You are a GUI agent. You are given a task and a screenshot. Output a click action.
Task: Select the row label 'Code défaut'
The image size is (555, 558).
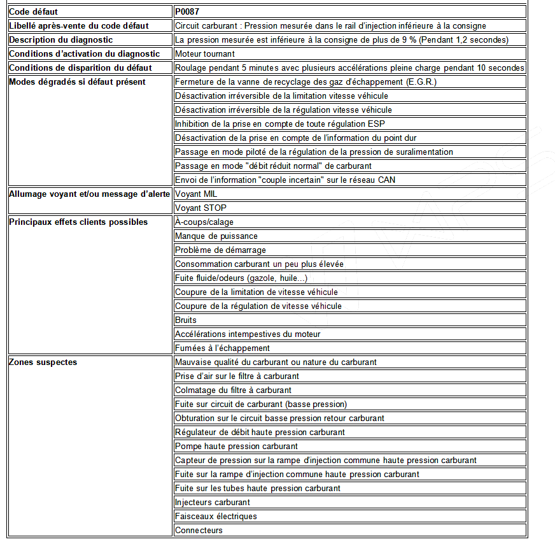33,11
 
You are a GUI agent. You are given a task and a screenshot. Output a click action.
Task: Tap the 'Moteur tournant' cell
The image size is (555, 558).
205,54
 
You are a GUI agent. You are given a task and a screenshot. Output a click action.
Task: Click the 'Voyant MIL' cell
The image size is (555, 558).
196,194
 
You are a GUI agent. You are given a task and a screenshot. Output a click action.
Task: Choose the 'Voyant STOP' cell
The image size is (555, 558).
200,208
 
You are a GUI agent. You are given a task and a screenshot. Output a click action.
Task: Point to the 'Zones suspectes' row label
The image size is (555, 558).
43,362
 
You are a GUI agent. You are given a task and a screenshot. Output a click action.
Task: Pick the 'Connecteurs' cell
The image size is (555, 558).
199,531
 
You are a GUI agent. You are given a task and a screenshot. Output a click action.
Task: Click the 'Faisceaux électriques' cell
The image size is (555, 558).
216,517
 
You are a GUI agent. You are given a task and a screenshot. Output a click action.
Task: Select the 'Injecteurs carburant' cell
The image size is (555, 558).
214,503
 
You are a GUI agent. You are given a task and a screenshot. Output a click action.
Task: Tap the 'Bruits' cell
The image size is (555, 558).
186,320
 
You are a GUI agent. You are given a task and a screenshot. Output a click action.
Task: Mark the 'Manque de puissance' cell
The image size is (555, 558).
216,236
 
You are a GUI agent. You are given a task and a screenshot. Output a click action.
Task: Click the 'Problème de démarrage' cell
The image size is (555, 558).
220,250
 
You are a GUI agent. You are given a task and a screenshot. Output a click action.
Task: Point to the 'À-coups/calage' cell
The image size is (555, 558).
204,222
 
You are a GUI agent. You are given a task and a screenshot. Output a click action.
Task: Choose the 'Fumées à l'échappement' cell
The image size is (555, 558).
222,348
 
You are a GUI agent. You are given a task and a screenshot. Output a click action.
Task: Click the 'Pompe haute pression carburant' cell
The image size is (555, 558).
236,447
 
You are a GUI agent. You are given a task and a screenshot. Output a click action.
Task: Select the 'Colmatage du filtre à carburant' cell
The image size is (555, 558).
233,390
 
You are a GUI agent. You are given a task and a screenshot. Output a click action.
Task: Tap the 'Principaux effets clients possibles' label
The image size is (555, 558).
78,222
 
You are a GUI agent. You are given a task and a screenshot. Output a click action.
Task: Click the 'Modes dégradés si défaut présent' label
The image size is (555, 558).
77,82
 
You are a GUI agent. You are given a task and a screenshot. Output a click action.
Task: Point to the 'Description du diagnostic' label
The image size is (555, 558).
61,40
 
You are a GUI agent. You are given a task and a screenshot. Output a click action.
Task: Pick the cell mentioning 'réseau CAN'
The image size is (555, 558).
285,180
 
